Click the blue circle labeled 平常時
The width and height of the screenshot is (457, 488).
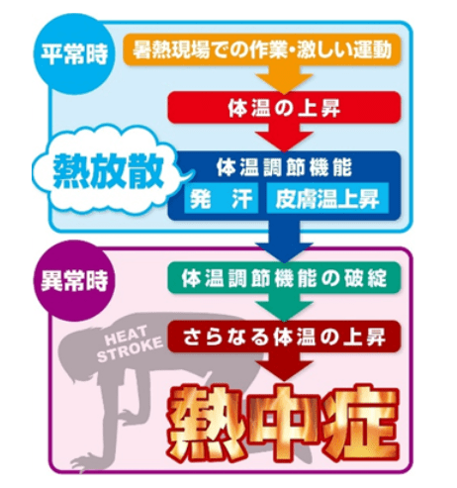click(x=74, y=54)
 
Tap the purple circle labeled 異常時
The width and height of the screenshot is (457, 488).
click(x=74, y=281)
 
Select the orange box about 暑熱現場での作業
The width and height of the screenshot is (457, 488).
click(x=262, y=49)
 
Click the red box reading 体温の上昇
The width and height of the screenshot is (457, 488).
click(x=284, y=108)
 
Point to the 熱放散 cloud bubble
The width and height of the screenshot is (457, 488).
click(x=109, y=172)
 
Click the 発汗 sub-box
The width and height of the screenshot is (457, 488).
click(x=221, y=198)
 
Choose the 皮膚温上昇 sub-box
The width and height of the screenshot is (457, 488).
click(x=327, y=198)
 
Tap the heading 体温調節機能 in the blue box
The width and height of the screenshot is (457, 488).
click(x=284, y=168)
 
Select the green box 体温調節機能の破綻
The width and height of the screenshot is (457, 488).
click(x=284, y=278)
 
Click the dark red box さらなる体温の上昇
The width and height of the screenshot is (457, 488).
click(x=284, y=337)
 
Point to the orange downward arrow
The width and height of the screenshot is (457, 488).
click(x=284, y=78)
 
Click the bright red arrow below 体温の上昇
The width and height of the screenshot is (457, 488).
click(x=284, y=137)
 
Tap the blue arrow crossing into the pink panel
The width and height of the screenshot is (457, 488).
click(x=284, y=241)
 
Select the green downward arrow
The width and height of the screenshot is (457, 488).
click(x=284, y=307)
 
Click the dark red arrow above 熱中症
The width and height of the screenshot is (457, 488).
click(x=284, y=366)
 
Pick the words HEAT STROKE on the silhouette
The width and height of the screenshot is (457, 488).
click(x=131, y=343)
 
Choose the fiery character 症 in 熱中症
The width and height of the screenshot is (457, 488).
click(x=360, y=425)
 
